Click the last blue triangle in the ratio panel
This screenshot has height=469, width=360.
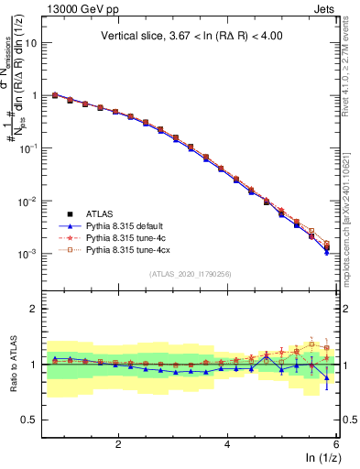coord(327,377)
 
